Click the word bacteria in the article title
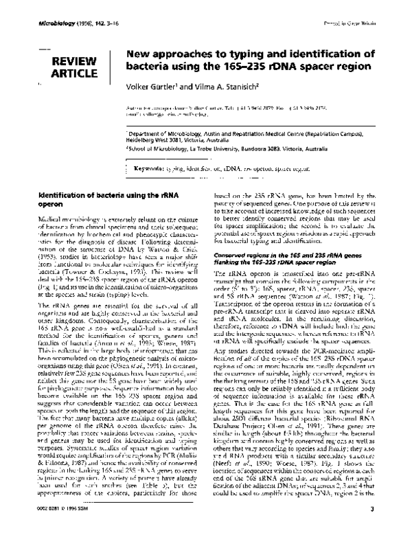[x=150, y=69]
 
